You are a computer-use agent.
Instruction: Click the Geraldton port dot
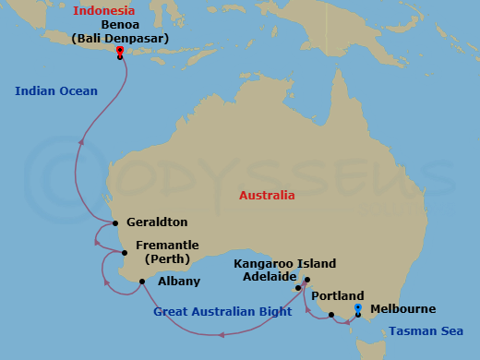115,223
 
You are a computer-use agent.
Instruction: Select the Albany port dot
141,282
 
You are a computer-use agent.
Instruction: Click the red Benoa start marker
120,51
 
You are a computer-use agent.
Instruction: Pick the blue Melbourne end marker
357,307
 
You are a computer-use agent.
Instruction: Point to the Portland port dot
331,316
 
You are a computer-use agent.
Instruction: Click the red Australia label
267,196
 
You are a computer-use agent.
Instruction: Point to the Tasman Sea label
420,330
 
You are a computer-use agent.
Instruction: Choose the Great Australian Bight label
216,312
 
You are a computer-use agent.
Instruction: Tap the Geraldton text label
157,222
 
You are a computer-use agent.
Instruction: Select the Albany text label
175,281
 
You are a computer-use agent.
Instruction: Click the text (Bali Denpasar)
114,39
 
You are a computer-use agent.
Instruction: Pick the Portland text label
331,296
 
